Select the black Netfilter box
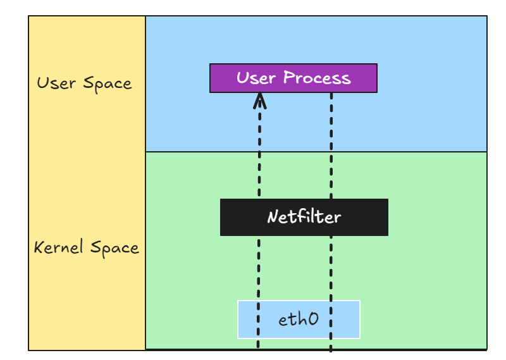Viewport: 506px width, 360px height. click(304, 217)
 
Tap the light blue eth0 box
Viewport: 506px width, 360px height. click(298, 319)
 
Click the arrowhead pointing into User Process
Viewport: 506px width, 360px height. click(259, 99)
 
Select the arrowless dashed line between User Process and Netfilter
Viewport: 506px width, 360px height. click(331, 146)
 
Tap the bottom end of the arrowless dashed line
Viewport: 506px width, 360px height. click(331, 349)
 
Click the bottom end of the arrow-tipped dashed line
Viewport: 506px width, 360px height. click(259, 346)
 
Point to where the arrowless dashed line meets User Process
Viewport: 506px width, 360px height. click(331, 94)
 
